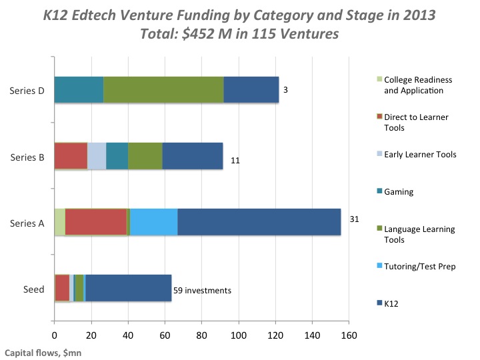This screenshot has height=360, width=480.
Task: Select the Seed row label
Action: pyautogui.click(x=33, y=289)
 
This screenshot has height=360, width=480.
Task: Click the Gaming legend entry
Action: pyautogui.click(x=399, y=191)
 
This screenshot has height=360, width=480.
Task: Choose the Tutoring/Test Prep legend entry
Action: pyautogui.click(x=420, y=266)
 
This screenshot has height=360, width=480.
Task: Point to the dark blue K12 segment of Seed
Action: pyautogui.click(x=128, y=288)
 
